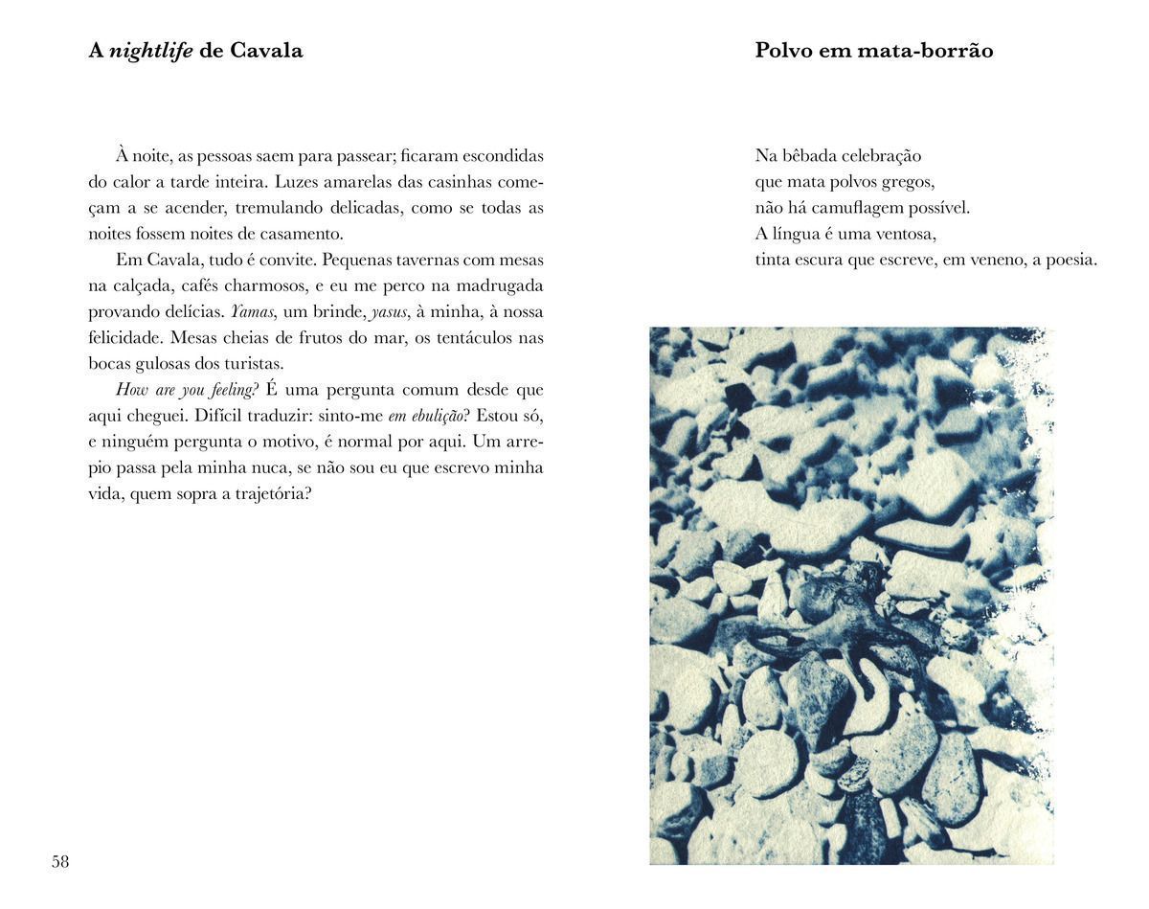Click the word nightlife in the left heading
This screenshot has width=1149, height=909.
[x=151, y=51]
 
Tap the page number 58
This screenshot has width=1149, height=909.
[x=60, y=862]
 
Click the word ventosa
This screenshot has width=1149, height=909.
[x=904, y=234]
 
